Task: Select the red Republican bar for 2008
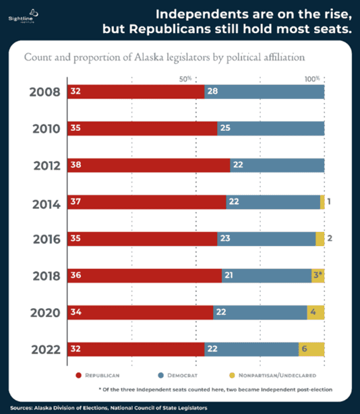135,92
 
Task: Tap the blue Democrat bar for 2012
276,165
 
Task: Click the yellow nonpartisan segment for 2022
311,349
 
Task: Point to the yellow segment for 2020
316,312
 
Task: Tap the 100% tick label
312,79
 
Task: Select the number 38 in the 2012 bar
76,165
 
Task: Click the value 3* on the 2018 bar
318,276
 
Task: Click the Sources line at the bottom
108,407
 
